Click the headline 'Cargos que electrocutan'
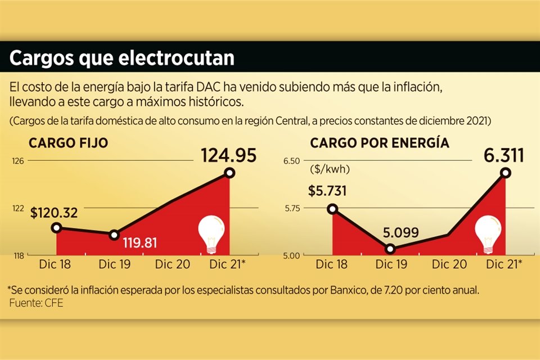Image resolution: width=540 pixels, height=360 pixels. tap(122, 59)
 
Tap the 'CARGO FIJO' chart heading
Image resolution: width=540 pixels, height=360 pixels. tap(69, 143)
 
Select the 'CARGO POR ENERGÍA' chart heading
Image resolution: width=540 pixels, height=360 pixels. tap(380, 143)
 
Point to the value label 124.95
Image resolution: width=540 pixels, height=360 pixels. tap(229, 154)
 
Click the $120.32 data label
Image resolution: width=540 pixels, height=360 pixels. tap(54, 213)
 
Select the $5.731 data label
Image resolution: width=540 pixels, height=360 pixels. tap(327, 190)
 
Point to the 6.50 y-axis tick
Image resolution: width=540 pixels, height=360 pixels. tap(292, 161)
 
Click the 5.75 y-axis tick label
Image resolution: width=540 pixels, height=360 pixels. tap(292, 208)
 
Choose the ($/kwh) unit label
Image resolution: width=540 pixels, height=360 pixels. tap(329, 168)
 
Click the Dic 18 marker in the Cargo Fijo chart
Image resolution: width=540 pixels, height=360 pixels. tap(56, 227)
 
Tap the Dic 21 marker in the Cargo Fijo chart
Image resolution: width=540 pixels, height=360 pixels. tap(229, 173)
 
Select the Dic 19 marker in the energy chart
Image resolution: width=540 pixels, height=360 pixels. tap(390, 249)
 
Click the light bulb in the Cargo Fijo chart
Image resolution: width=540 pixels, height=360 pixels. tap(211, 233)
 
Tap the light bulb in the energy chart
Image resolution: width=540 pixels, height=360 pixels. tap(487, 233)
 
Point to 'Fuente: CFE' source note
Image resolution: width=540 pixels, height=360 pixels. tap(29, 304)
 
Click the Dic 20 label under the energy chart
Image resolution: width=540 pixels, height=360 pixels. tap(448, 264)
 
